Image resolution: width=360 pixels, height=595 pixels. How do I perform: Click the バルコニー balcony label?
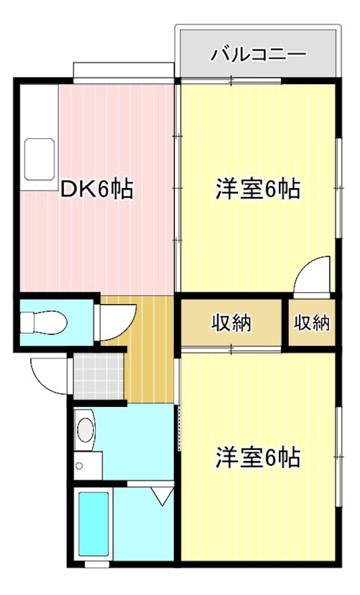coord(258,54)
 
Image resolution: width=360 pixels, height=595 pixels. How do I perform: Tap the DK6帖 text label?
coord(97,190)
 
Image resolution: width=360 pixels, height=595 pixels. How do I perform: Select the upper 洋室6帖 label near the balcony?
coord(258,190)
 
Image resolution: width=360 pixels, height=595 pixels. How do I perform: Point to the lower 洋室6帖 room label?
coord(258,457)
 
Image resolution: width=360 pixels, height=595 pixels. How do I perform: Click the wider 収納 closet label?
coord(231,324)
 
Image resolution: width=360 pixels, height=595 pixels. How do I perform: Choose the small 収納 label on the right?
coord(312,324)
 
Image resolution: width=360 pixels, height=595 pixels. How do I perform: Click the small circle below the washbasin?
coord(79,466)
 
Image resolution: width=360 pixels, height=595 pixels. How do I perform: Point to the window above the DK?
coord(123,72)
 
